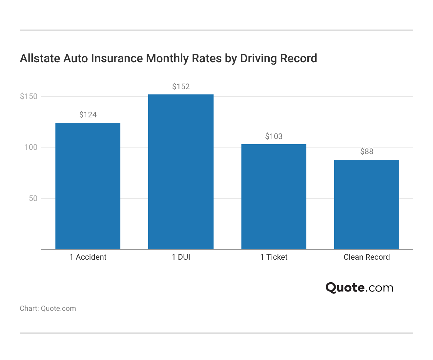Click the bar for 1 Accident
[88, 186]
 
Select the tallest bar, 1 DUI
[181, 172]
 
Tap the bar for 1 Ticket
[274, 197]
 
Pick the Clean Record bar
[367, 204]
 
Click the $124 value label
[88, 115]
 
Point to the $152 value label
[181, 87]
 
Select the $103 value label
[274, 136]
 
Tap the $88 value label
[367, 151]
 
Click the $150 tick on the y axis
[29, 96]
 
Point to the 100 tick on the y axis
[31, 147]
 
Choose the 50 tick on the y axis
[33, 198]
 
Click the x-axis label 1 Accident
[88, 257]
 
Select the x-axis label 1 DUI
[181, 257]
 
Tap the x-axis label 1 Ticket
[274, 257]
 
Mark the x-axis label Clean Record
[367, 257]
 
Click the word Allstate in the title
[40, 58]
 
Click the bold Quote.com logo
[359, 288]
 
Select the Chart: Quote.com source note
[48, 309]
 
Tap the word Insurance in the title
[117, 58]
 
